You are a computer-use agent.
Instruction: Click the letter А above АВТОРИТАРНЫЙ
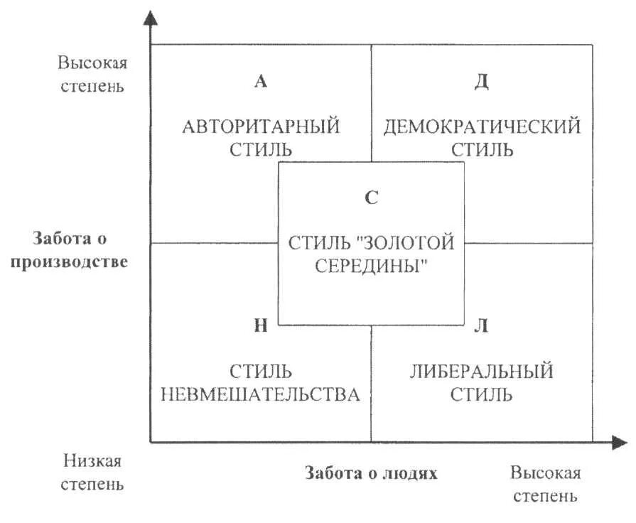click(260, 82)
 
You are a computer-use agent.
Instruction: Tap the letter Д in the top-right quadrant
click(481, 82)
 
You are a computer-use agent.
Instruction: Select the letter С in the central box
click(371, 198)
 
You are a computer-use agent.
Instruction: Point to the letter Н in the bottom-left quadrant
click(261, 326)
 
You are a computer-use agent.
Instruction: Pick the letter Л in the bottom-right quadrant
click(481, 326)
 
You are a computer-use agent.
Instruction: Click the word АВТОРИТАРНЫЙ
click(261, 127)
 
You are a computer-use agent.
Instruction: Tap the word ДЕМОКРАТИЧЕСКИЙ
click(482, 127)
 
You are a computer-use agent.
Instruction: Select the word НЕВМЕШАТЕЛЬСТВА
click(261, 394)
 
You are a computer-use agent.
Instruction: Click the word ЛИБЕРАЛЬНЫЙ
click(481, 371)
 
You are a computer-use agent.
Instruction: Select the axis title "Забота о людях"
click(371, 473)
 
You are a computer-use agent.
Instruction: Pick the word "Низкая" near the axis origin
click(92, 461)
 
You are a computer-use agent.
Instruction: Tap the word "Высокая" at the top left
click(92, 63)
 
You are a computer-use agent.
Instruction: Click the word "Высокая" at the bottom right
click(545, 473)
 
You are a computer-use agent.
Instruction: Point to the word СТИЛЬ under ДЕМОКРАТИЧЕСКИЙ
click(482, 150)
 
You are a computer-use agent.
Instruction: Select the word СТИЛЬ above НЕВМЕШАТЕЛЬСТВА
click(261, 371)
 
